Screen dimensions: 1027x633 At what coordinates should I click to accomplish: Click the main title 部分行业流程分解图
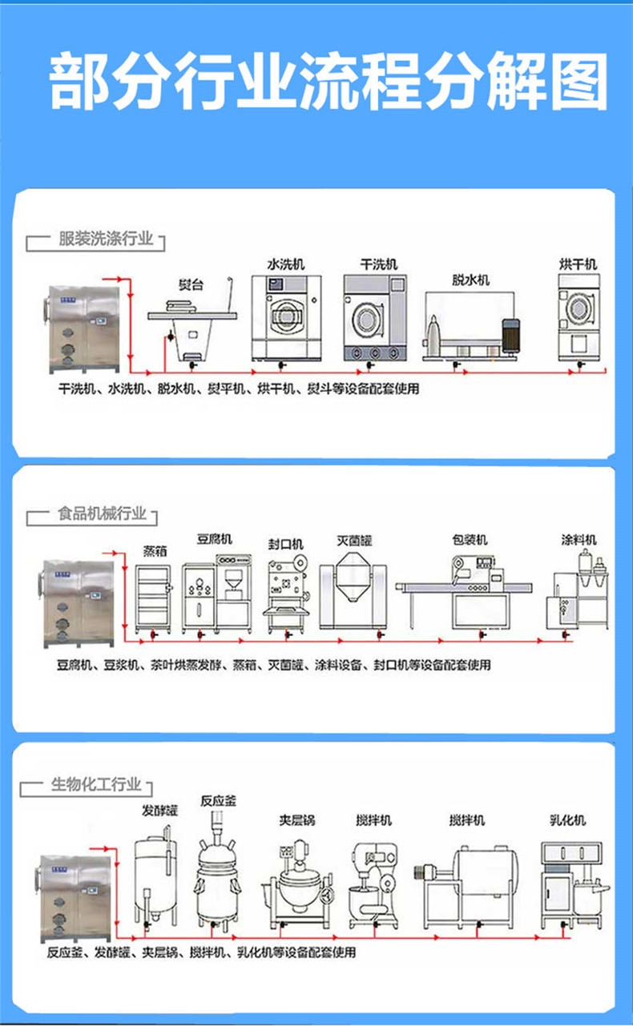[327, 83]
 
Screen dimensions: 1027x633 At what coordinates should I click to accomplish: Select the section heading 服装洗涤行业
[105, 239]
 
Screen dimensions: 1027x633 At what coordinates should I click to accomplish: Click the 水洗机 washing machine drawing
[285, 318]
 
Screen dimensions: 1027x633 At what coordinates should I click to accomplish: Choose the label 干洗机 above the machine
[378, 264]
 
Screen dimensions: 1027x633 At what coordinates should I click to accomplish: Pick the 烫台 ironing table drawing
[192, 324]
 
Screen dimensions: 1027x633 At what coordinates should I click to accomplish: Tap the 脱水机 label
[470, 280]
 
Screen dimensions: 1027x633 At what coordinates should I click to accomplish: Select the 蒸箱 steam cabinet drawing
[154, 597]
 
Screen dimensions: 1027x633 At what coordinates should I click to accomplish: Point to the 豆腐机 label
[215, 539]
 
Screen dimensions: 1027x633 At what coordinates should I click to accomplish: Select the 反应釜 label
[218, 800]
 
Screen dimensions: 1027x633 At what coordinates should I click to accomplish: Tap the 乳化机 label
[567, 820]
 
